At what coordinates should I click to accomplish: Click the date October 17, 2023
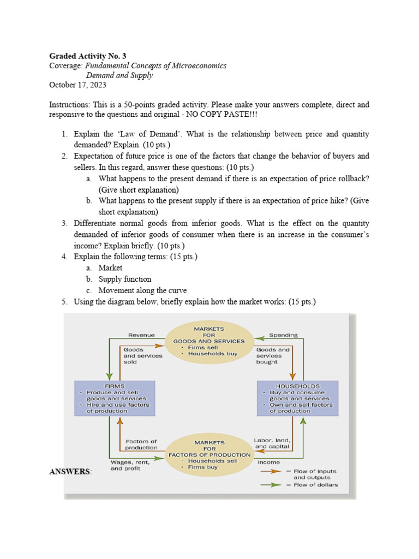point(77,85)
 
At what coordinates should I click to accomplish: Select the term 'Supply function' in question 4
point(125,279)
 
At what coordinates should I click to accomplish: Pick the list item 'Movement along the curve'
point(142,290)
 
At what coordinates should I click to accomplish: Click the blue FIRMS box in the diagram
point(114,398)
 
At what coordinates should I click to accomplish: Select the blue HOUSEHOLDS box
point(297,398)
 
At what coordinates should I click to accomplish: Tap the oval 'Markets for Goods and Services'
point(209,341)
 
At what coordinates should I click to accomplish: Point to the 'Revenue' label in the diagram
point(141,335)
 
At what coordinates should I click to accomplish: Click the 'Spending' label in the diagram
point(283,335)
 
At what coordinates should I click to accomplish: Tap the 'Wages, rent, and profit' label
point(129,465)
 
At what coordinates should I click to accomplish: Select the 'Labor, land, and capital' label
point(272,443)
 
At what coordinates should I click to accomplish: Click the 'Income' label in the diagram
point(267,462)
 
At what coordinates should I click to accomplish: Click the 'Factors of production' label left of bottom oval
point(141,444)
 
